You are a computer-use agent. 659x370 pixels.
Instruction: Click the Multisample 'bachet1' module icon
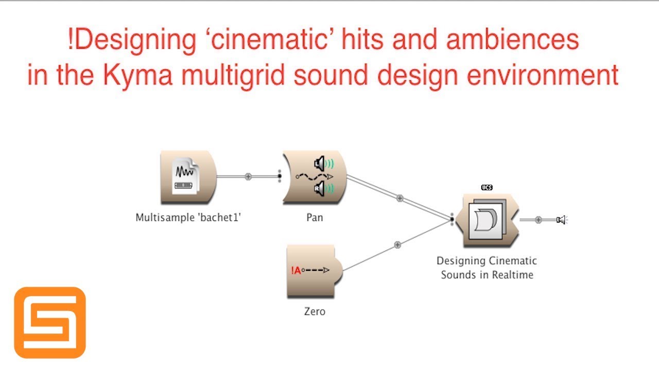coord(187,176)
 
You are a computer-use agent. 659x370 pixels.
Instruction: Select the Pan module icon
coord(315,177)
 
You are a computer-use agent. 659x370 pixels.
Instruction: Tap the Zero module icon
coord(314,271)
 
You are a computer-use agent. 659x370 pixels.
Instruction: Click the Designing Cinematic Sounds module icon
coord(487,220)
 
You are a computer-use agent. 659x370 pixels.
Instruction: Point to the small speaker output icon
coord(561,220)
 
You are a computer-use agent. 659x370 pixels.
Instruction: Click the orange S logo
coord(50,323)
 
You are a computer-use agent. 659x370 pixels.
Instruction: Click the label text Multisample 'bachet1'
coord(188,217)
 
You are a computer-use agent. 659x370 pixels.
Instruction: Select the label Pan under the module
coord(315,217)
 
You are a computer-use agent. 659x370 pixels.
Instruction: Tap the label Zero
coord(315,311)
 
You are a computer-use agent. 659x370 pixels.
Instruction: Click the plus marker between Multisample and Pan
coord(248,176)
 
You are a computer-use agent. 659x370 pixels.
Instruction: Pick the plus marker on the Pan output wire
coord(400,198)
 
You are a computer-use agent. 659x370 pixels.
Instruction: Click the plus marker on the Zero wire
coord(397,245)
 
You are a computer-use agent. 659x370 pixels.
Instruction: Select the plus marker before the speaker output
coord(539,220)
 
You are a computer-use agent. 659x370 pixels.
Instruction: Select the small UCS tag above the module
coord(487,188)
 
